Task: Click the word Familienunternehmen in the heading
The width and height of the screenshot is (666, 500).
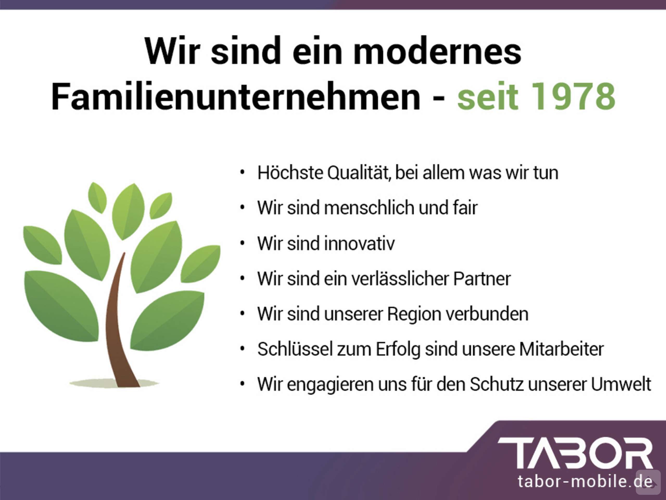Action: click(236, 96)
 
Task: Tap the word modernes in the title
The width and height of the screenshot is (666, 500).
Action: click(437, 51)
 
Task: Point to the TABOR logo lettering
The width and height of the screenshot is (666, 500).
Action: click(575, 453)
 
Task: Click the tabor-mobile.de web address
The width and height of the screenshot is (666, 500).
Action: click(585, 481)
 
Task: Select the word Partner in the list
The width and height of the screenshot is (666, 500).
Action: click(482, 279)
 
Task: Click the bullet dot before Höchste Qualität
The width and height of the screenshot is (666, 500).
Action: click(242, 173)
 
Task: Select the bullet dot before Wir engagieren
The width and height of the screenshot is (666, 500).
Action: click(242, 384)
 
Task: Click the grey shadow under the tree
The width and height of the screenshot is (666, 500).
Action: click(115, 383)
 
